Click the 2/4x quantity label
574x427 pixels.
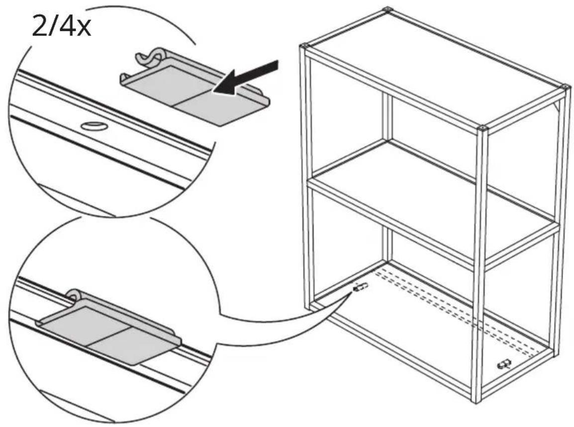tap(61, 26)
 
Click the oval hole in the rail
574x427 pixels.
tap(95, 126)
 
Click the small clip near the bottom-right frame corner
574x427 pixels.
tap(504, 364)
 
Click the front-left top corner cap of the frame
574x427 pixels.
tap(304, 46)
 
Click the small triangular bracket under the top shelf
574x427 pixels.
tap(558, 106)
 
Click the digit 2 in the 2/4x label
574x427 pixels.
tap(39, 26)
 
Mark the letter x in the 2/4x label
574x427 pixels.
tap(84, 29)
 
